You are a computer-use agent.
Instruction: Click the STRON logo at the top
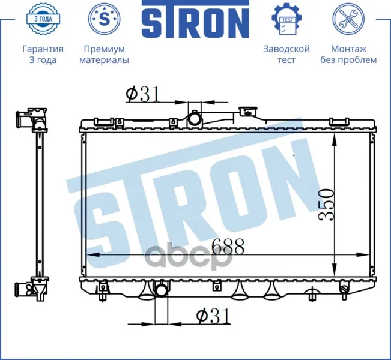(195, 19)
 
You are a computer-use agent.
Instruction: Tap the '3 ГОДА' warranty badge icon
(43, 19)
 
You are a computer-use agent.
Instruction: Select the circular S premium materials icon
(105, 19)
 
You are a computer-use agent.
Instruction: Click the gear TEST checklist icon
(286, 19)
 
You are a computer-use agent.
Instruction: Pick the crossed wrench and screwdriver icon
(348, 19)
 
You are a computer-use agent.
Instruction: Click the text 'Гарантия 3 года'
(43, 55)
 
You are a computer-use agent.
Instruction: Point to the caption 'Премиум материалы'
(105, 55)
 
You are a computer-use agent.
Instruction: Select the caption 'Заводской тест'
(286, 55)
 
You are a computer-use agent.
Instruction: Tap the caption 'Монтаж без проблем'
(348, 55)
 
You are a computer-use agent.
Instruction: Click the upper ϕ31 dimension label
(142, 94)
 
